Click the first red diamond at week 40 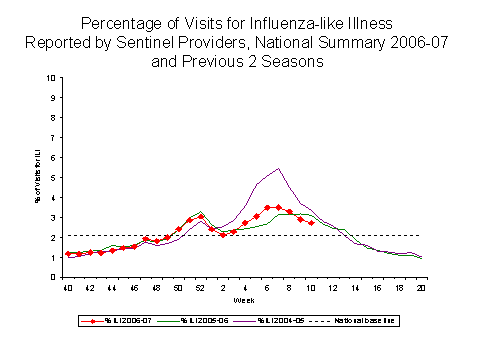point(68,254)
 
